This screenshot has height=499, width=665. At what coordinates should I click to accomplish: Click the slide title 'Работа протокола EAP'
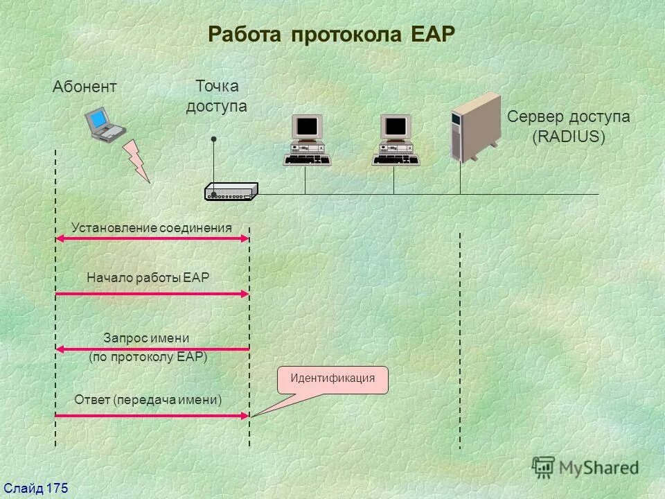332,35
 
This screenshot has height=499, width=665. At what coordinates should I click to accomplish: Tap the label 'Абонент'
85,87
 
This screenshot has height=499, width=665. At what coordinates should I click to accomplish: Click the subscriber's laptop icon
105,123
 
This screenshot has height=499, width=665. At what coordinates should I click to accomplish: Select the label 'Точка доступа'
216,96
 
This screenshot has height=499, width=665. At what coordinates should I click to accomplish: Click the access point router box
231,192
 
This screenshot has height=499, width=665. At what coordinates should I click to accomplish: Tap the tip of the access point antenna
215,140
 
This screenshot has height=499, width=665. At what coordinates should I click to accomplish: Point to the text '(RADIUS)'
568,137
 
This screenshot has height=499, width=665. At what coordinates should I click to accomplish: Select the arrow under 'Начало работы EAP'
152,295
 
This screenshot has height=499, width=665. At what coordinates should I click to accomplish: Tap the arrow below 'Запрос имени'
152,349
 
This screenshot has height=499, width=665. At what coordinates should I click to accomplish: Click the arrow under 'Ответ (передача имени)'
152,416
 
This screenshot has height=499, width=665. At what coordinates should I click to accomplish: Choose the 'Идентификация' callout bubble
332,379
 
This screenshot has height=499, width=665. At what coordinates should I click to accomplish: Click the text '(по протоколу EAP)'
148,358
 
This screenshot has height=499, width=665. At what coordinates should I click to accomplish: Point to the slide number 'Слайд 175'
35,489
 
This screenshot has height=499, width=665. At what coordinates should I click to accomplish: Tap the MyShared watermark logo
585,467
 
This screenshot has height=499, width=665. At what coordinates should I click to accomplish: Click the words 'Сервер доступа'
568,116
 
